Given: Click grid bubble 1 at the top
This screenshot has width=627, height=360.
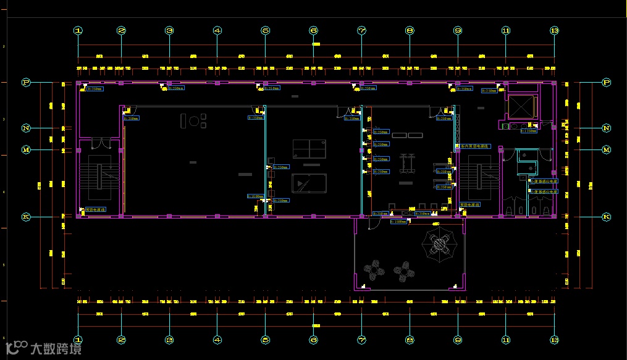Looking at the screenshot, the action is coord(78,30).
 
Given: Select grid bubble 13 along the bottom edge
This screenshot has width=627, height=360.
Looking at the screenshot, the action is coord(554,340).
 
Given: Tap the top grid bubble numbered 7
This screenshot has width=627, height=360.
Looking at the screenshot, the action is coord(361,30).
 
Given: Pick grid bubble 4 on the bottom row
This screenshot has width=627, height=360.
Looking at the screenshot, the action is coord(217,340).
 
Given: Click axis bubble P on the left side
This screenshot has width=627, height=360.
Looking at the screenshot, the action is coord(26,82).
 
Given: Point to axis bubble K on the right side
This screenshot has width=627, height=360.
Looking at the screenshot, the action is coord(606,217).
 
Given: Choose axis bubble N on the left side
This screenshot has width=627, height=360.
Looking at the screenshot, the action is coord(26,128).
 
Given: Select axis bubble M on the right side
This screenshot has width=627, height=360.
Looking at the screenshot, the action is coord(606,149).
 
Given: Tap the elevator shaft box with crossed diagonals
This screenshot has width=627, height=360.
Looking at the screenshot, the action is coord(520,106).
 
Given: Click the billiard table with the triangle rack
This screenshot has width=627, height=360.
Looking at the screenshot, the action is coord(308,183).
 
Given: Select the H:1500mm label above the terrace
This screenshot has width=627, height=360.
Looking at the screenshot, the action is coord(399,221).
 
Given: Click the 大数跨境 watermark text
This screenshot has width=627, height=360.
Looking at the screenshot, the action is coord(56,349).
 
